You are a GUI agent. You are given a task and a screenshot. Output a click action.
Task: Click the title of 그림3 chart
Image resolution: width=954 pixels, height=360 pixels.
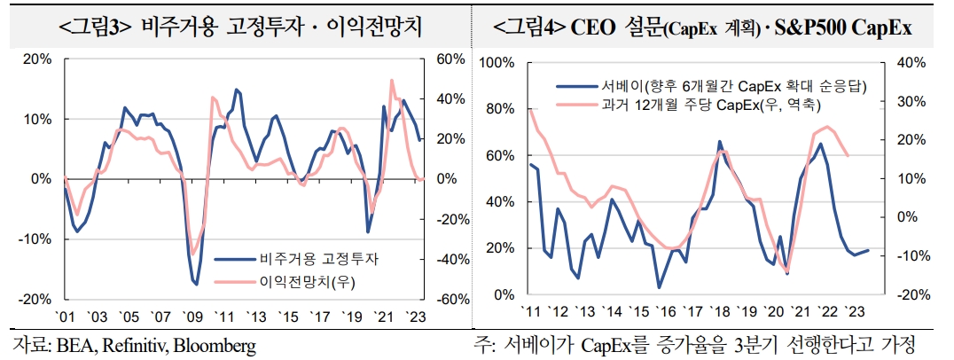(240, 27)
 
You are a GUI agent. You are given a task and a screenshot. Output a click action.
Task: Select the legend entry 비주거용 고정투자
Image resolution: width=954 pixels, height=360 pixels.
(318, 260)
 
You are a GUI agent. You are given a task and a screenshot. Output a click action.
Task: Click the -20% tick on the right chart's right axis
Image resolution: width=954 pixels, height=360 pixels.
(909, 294)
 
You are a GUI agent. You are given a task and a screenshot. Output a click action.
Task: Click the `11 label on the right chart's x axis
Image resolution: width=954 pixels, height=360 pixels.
(531, 312)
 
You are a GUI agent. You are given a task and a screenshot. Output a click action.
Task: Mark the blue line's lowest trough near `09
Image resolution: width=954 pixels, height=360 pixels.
(195, 285)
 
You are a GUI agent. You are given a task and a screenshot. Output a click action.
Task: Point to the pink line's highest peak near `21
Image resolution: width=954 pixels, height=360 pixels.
(392, 80)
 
